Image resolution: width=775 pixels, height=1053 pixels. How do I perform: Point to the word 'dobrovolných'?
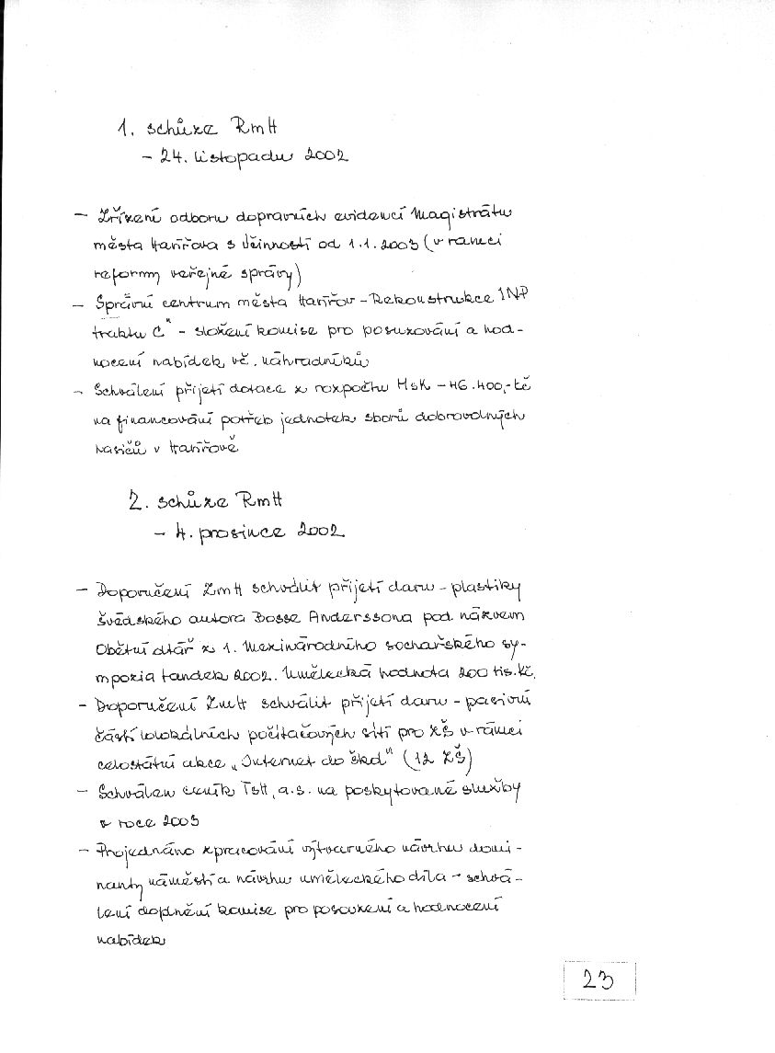pos(471,419)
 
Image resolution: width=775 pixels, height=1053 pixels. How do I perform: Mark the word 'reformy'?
pos(125,273)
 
